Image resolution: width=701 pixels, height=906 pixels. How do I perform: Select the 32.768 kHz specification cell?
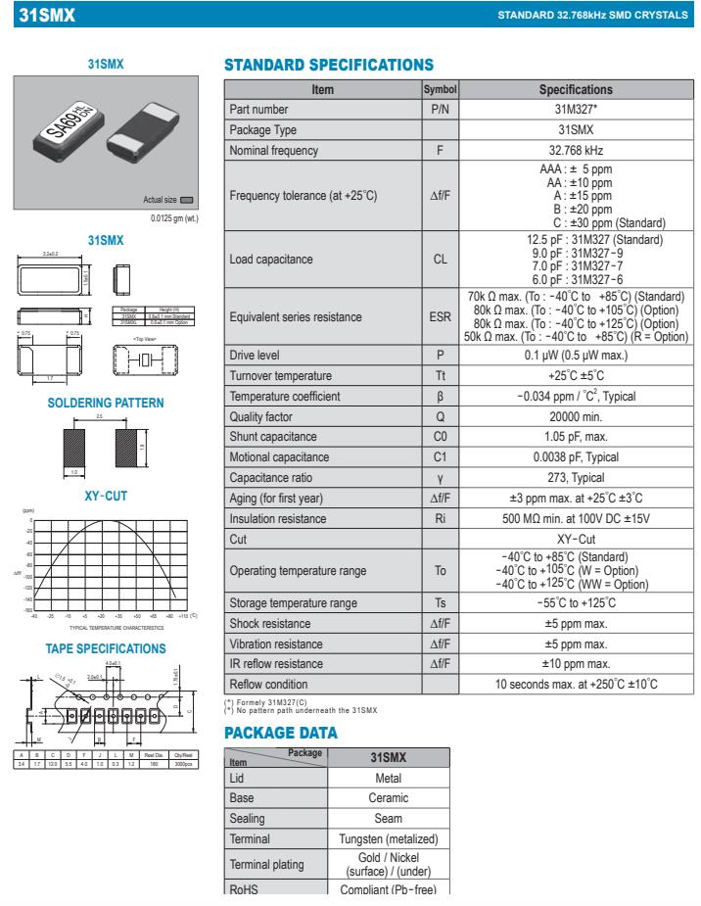tap(576, 151)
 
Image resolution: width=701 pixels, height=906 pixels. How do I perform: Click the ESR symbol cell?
tap(440, 317)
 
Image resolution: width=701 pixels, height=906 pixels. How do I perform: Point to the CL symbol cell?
tap(440, 261)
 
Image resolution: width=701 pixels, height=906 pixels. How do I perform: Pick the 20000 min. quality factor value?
tap(576, 415)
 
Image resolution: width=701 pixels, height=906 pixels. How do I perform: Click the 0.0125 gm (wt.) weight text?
tap(174, 216)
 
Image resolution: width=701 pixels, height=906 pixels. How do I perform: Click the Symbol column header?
tap(440, 89)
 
